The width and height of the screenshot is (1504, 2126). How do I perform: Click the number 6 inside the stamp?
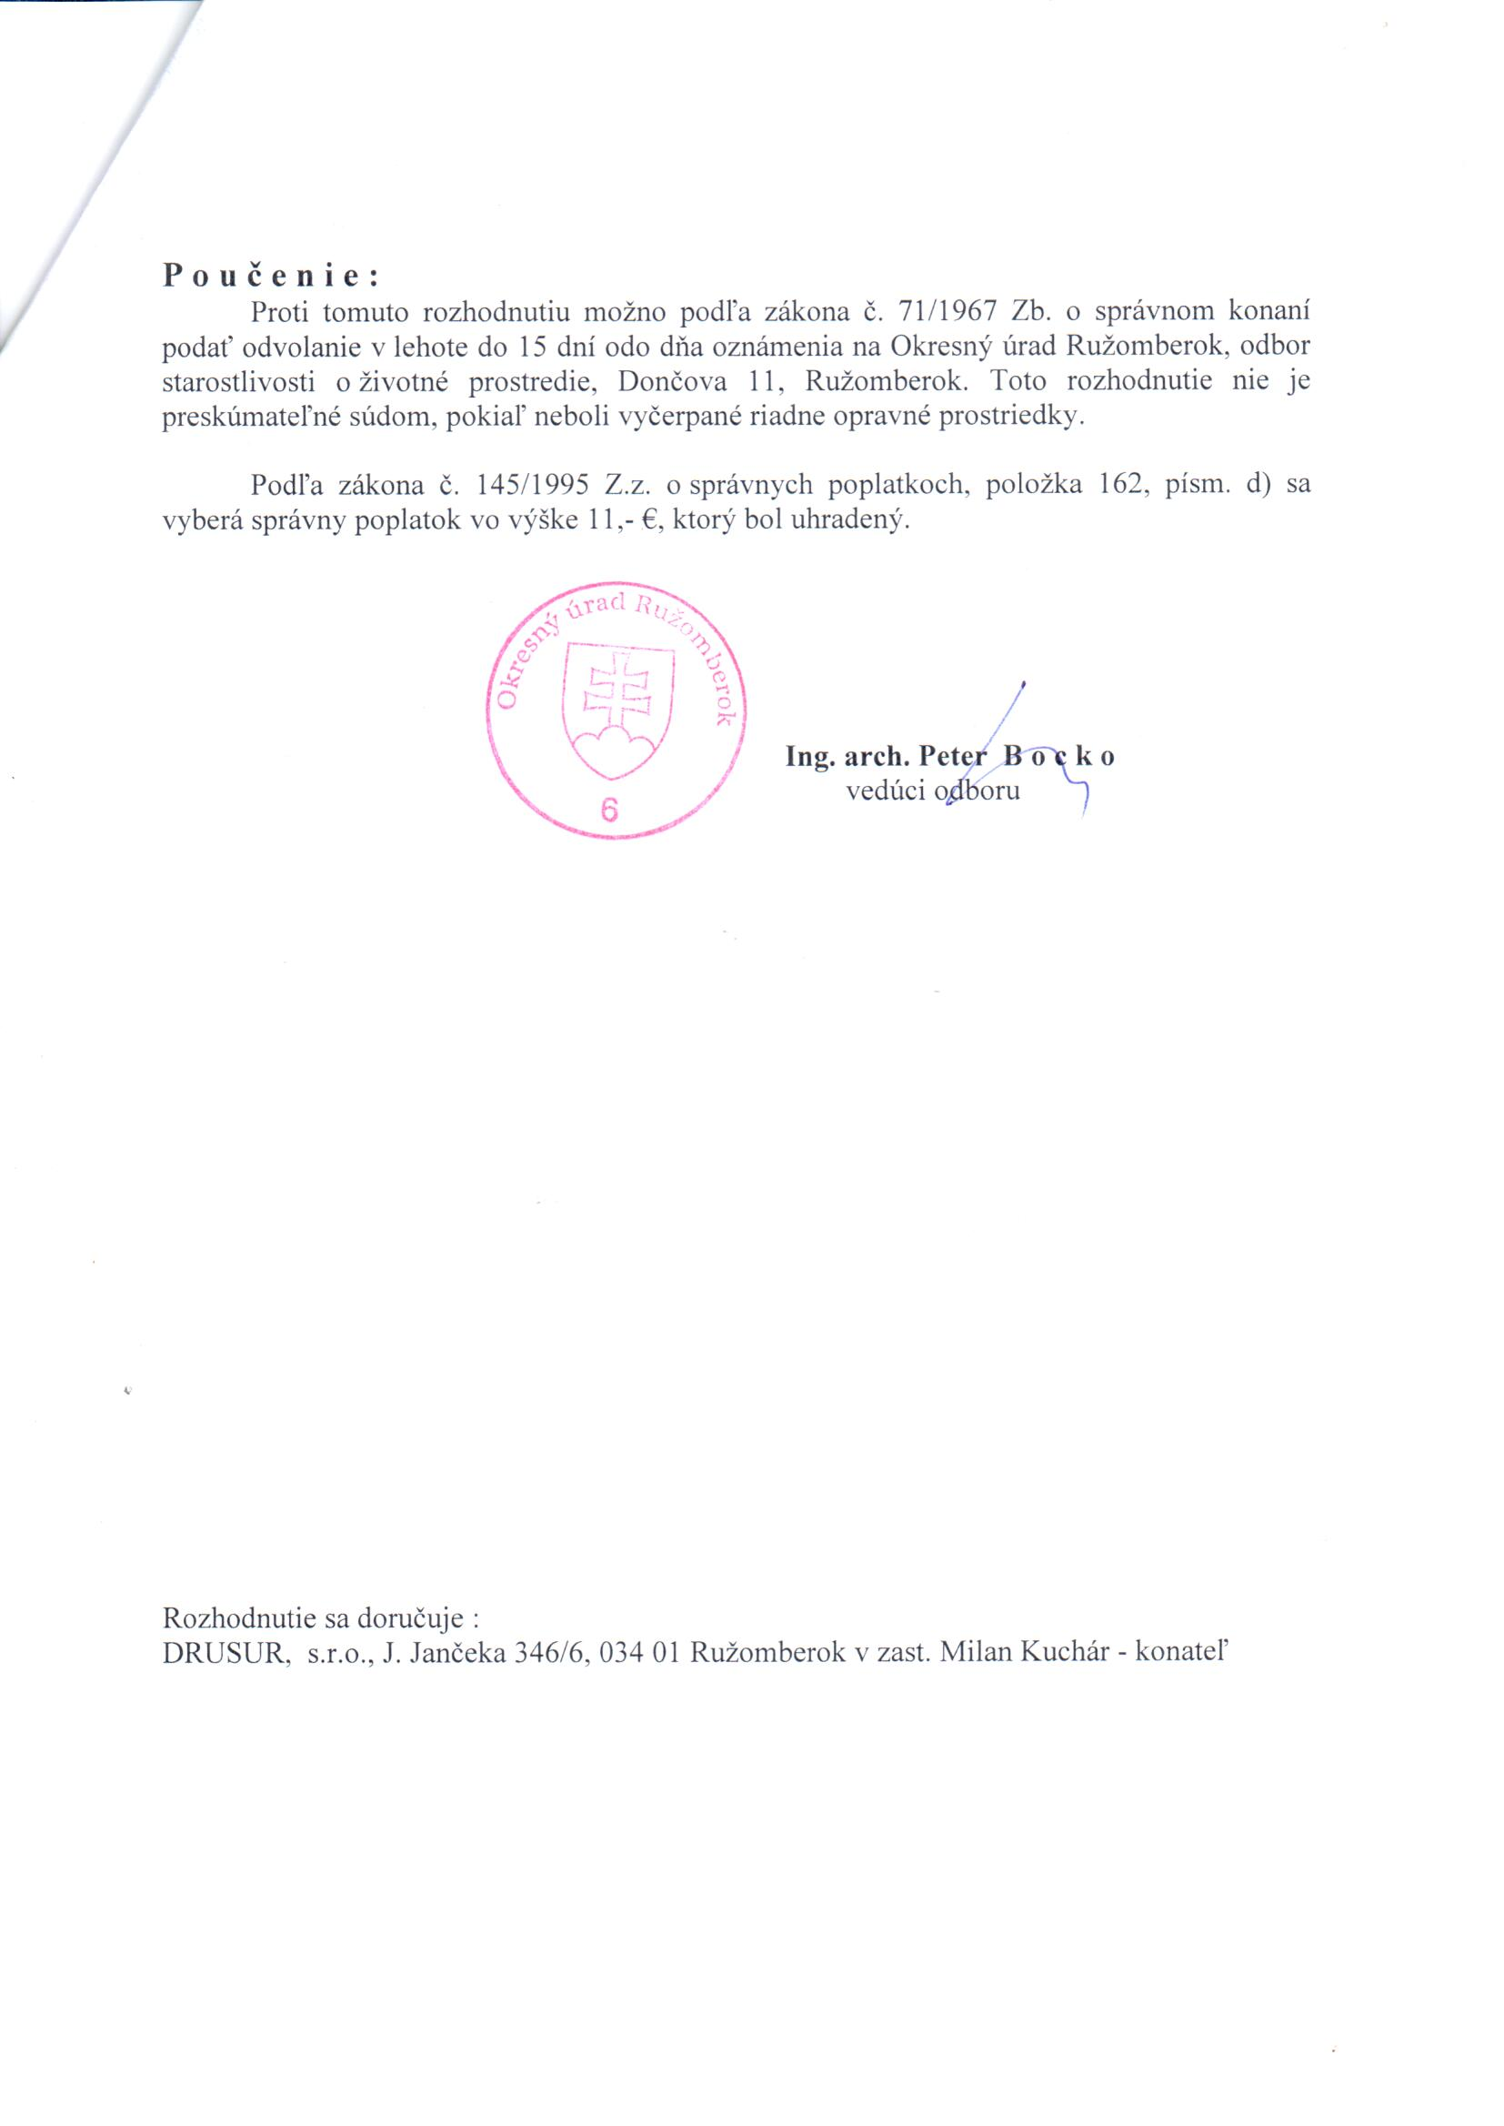click(x=609, y=810)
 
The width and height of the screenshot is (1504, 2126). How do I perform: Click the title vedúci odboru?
click(x=933, y=791)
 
